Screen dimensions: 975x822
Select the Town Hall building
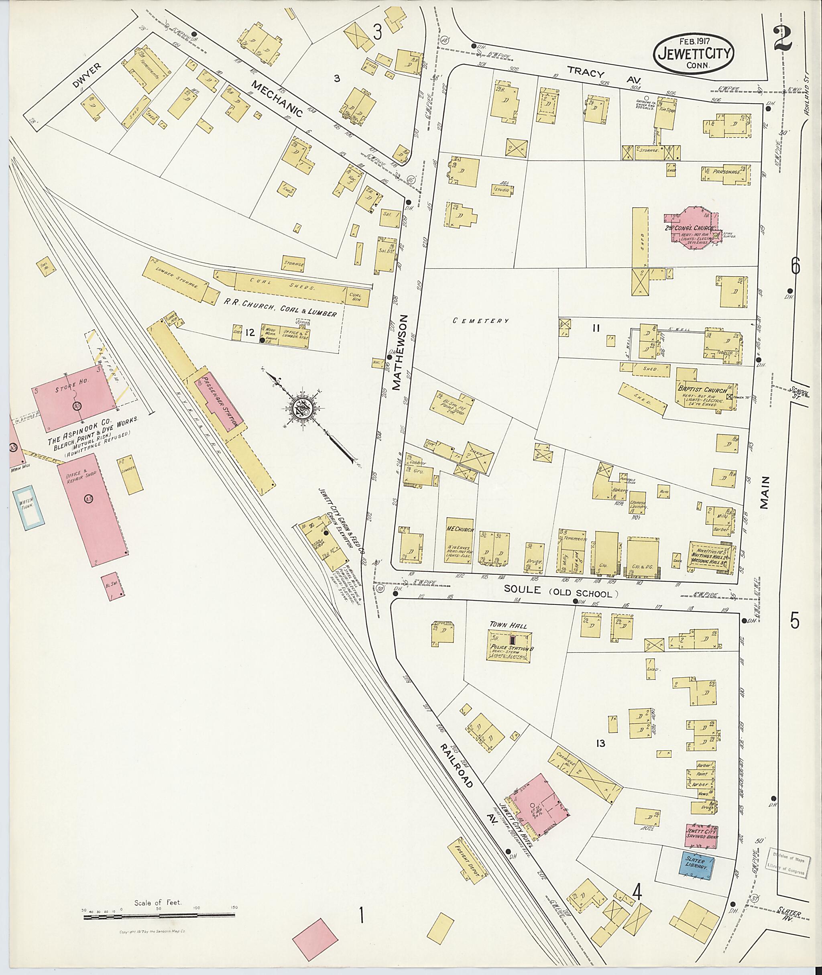(x=510, y=645)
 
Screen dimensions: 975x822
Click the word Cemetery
(x=481, y=321)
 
